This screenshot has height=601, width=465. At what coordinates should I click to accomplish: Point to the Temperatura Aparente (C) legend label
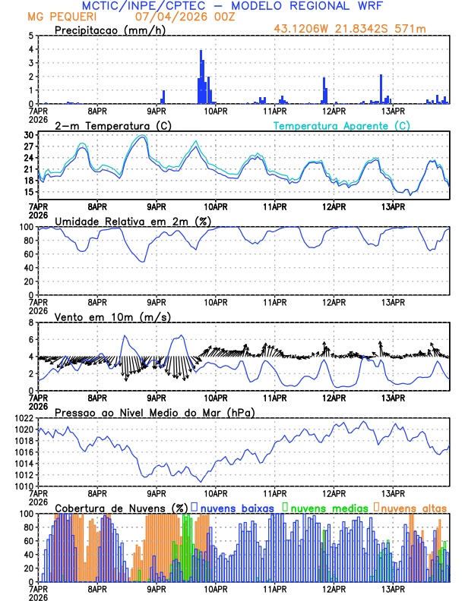(342, 125)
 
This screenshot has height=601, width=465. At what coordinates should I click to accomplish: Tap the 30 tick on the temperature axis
(28, 135)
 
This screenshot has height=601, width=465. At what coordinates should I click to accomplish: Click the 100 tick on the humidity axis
(26, 227)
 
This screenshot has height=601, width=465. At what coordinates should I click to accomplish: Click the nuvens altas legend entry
(413, 507)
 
